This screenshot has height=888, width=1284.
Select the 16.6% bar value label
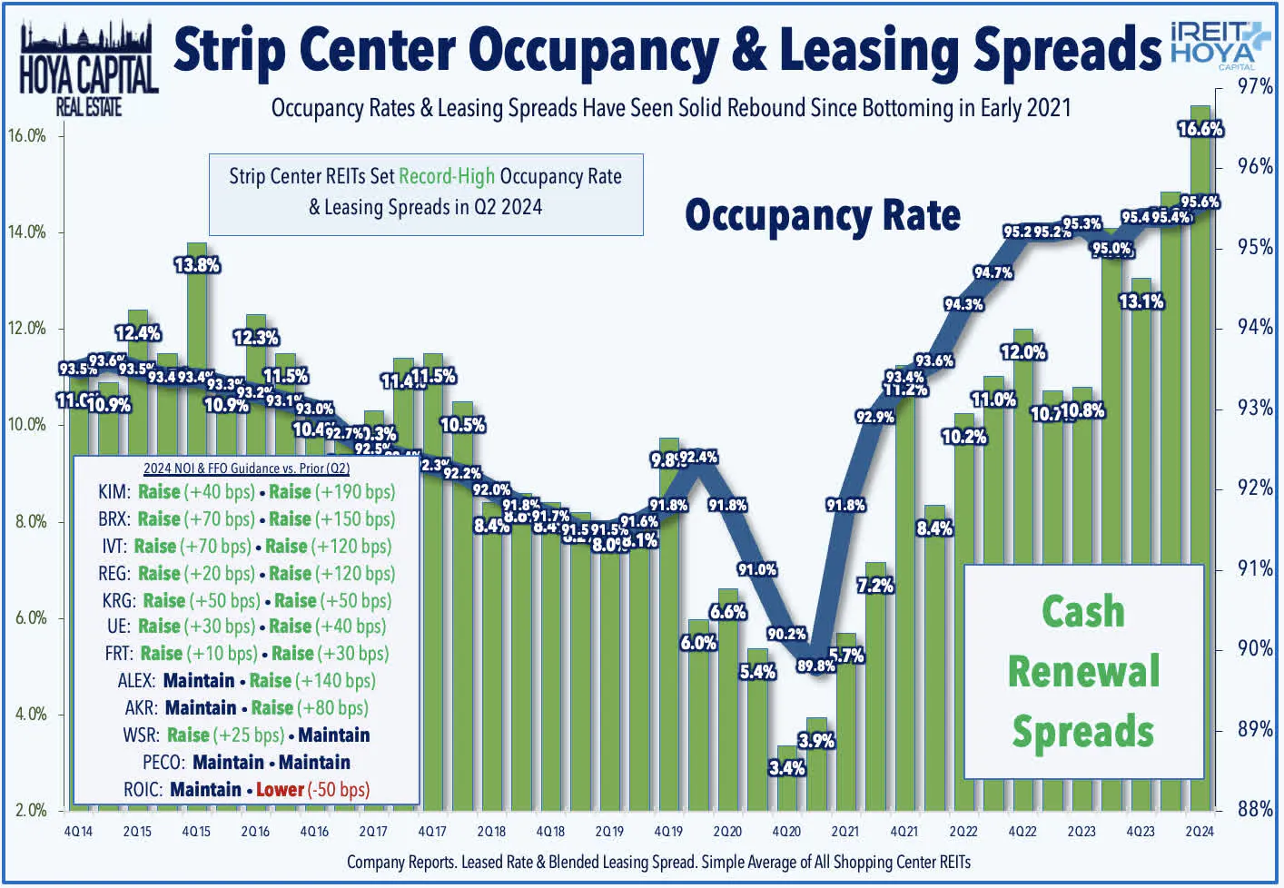click(1200, 129)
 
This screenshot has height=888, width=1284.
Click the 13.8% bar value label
click(197, 265)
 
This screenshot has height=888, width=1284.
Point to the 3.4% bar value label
click(786, 768)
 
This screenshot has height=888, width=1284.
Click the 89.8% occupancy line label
click(815, 666)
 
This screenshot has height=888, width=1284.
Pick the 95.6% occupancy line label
click(1200, 202)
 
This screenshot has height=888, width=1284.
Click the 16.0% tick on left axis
click(27, 136)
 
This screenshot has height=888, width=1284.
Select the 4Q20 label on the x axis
click(786, 831)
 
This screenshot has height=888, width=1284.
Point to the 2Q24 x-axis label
click(1200, 831)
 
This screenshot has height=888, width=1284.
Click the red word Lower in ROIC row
click(280, 789)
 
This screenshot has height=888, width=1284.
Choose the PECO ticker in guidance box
click(163, 762)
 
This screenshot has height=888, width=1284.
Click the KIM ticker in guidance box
click(114, 492)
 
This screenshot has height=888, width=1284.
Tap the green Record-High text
click(447, 176)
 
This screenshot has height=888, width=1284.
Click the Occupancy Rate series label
click(822, 216)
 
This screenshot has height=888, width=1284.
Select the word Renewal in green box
click(1083, 672)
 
